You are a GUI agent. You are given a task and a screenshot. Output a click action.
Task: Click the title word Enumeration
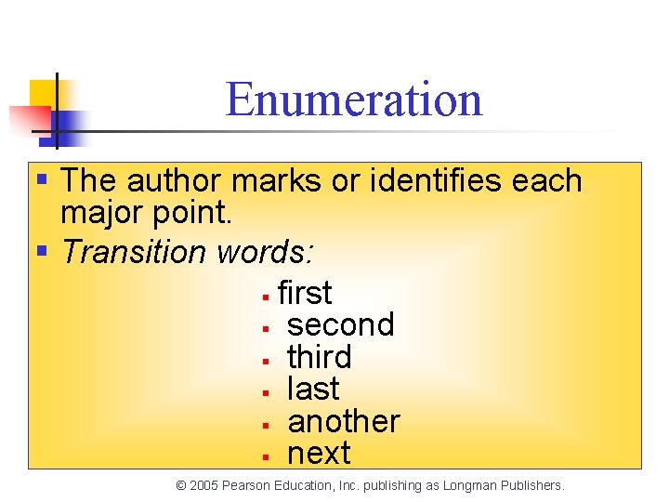point(353,99)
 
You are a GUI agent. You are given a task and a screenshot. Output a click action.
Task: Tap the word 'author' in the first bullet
point(176,180)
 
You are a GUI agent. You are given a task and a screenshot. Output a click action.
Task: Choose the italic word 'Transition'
point(134,251)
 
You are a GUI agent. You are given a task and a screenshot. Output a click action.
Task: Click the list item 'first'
point(305,293)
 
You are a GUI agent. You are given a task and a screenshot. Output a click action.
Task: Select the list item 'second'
point(341,325)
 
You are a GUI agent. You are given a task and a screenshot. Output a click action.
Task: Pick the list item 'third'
point(320,357)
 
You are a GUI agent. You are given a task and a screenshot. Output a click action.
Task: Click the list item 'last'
point(313,389)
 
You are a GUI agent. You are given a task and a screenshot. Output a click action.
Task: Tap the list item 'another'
point(344,421)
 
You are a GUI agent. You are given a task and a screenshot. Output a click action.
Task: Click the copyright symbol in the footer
point(181,485)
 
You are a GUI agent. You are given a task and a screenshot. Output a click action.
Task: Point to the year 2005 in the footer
point(204,485)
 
